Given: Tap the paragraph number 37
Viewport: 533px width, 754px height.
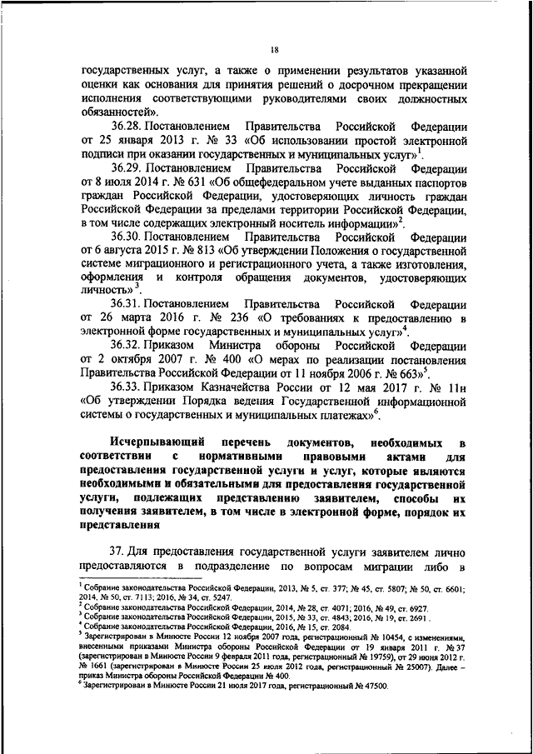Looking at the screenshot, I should point(118,552).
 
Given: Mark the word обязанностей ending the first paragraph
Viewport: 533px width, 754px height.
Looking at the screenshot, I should point(116,112).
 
